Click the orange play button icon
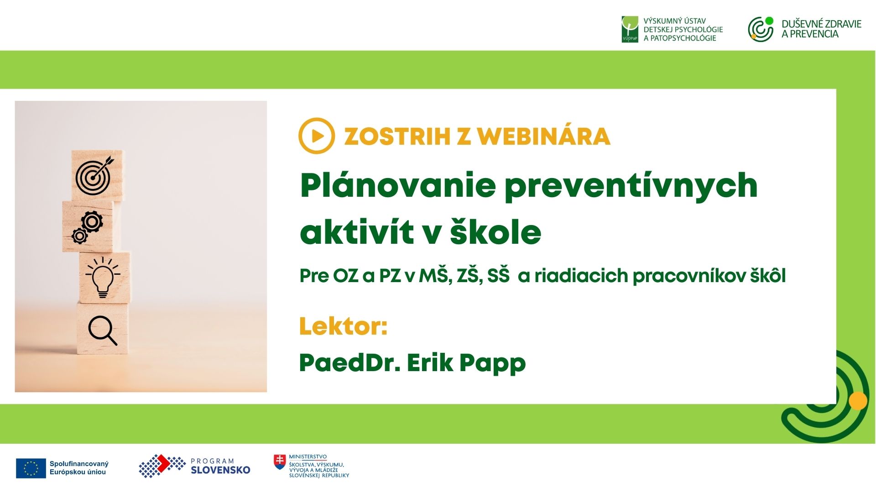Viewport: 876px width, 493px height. [x=317, y=136]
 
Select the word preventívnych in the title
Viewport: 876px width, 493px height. [x=631, y=186]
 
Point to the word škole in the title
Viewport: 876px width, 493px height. [x=495, y=231]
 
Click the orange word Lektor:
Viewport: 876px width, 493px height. [x=343, y=326]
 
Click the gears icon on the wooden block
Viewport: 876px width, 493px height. [x=87, y=227]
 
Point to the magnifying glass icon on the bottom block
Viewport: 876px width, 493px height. [x=103, y=330]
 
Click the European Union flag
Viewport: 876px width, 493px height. [x=31, y=468]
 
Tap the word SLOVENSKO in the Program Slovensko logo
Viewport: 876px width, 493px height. [x=220, y=470]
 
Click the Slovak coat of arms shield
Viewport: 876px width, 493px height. [x=280, y=462]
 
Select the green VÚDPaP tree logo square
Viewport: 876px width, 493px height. [x=630, y=29]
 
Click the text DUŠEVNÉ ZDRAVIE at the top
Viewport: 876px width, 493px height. [x=821, y=24]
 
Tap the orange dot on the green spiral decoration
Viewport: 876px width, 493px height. [x=858, y=401]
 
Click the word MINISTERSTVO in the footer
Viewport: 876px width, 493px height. [x=308, y=456]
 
